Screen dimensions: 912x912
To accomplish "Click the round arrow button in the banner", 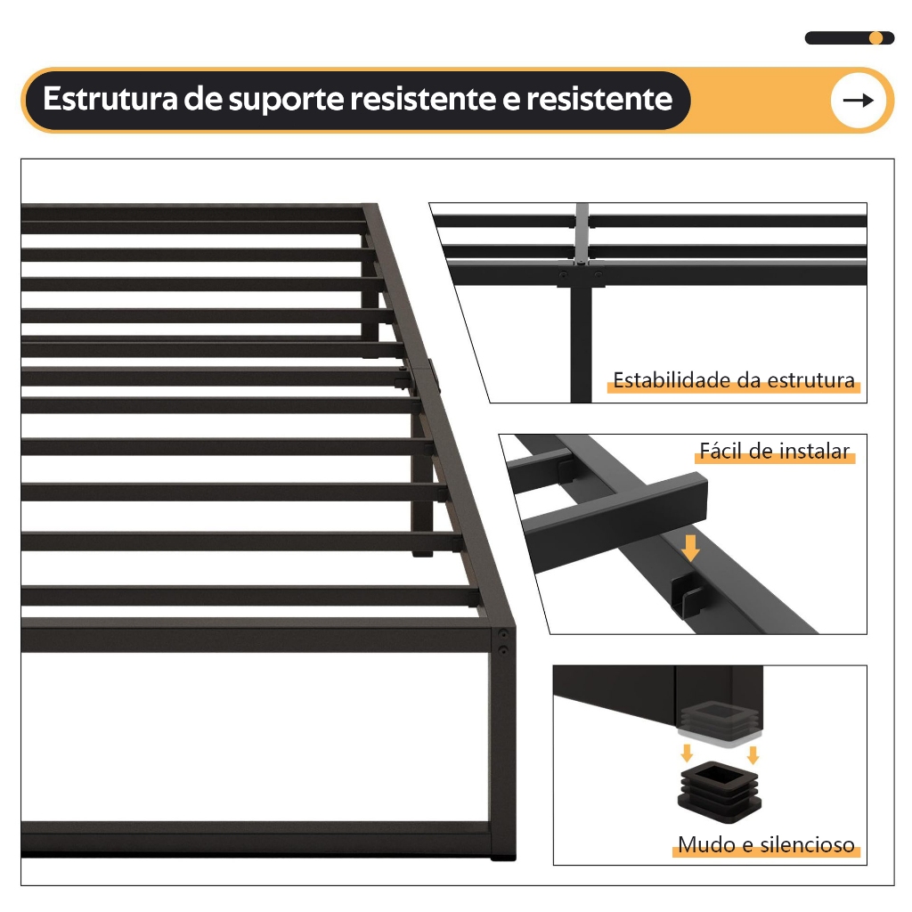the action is pos(858,101).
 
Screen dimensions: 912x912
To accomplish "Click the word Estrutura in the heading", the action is pos(110,98).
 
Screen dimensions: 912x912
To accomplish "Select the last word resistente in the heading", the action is pos(599,99).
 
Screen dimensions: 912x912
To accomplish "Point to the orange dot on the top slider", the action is pos(875,37).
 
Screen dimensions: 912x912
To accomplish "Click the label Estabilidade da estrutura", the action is pos(734,380).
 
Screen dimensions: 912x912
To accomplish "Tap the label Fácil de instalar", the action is pos(774,452).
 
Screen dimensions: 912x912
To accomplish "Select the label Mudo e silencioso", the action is pos(766,844).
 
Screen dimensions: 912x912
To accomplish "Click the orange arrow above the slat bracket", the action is pos(690,548).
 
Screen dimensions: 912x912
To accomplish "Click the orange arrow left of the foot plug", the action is pos(687,753).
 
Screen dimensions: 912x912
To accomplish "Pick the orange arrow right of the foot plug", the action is pos(753,754).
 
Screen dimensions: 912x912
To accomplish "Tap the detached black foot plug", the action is pos(719,792).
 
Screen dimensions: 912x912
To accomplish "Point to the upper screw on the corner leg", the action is pos(504,633).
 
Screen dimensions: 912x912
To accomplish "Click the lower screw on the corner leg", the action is pos(504,649).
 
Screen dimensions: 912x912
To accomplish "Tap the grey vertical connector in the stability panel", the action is pos(582,232).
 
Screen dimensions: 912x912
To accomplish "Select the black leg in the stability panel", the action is pos(581,343).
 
